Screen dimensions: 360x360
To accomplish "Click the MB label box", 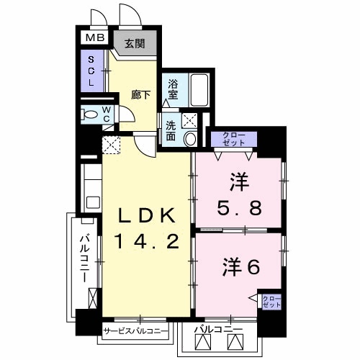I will [96, 38].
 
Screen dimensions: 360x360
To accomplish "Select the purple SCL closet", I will [91, 72].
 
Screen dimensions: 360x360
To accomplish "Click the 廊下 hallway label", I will [140, 94].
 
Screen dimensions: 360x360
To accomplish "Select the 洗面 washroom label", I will [171, 129].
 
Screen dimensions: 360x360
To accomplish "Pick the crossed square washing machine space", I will [189, 121].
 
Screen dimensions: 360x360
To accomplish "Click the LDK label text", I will [148, 215].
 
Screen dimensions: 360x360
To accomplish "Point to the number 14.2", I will [148, 242].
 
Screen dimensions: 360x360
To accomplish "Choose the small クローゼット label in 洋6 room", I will [271, 302].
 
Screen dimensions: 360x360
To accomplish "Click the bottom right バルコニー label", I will [219, 330].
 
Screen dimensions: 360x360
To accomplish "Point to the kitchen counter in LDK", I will [91, 187].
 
